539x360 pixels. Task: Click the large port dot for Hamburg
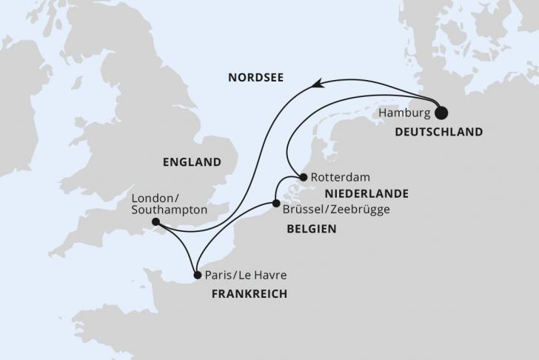point(441,113)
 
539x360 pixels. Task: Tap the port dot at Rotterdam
point(304,177)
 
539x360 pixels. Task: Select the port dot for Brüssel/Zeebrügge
point(275,203)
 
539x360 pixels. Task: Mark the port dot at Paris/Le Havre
point(197,276)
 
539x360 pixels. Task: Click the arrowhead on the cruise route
point(316,85)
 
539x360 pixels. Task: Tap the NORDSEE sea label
point(257,76)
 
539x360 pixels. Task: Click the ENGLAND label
point(192,162)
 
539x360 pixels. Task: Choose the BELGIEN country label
point(311,230)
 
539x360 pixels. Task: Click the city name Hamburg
point(404,113)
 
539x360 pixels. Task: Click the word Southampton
point(169,211)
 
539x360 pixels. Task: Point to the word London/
point(153,199)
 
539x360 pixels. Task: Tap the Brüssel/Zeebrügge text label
point(336,210)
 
